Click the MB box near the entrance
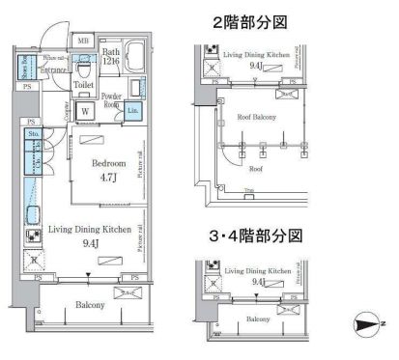pyautogui.click(x=84, y=41)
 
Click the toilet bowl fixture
pyautogui.click(x=86, y=69)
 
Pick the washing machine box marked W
pyautogui.click(x=85, y=111)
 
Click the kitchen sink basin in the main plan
pyautogui.click(x=32, y=215)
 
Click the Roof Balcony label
pyautogui.click(x=257, y=117)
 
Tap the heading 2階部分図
pyautogui.click(x=257, y=21)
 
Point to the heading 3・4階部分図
pyautogui.click(x=257, y=235)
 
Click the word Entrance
pyautogui.click(x=52, y=69)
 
